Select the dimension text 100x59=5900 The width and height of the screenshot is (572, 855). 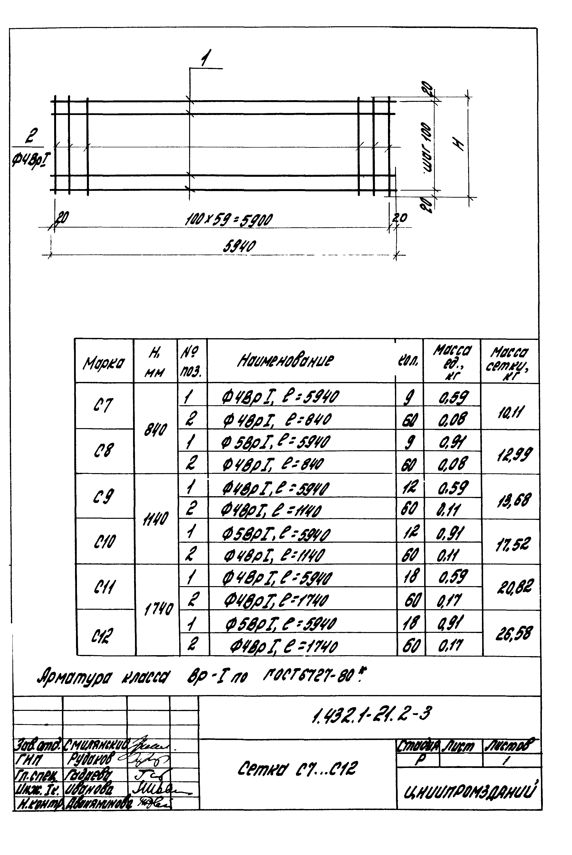(x=229, y=220)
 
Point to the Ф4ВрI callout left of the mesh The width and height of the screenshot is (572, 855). (x=31, y=159)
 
